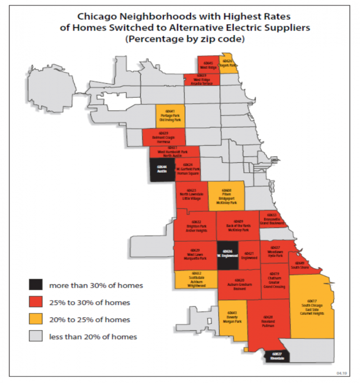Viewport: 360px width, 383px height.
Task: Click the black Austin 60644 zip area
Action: click(x=162, y=170)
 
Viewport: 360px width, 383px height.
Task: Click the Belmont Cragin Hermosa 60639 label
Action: click(x=164, y=137)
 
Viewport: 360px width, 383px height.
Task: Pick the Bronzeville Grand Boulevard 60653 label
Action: click(x=272, y=218)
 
